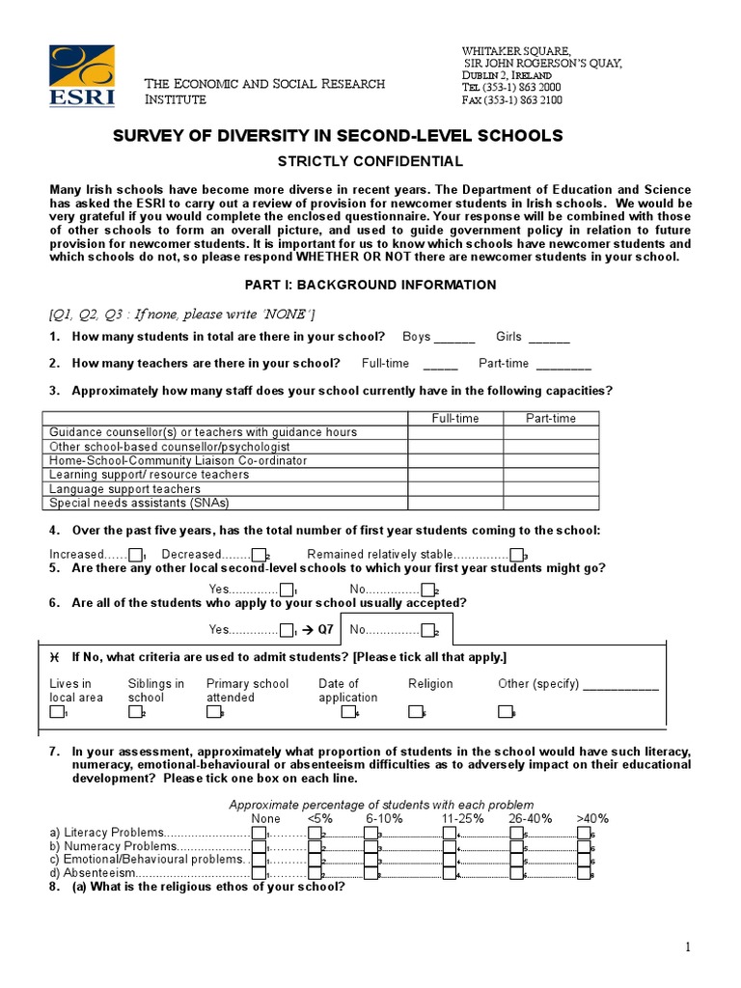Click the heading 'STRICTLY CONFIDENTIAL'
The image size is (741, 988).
370,161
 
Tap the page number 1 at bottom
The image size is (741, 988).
688,947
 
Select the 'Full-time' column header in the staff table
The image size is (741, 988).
454,418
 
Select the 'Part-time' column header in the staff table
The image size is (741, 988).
550,418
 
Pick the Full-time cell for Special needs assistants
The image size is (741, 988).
454,503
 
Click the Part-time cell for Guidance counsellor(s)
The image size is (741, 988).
550,432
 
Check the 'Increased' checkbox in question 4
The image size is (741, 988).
135,555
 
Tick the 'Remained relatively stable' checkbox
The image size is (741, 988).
516,555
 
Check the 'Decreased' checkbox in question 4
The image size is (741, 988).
258,555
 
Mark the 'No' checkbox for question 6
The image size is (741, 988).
426,630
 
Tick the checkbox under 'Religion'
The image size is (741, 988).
415,713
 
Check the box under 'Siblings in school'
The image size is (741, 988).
134,713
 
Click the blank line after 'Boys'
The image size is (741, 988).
454,341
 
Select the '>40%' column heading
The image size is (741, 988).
592,818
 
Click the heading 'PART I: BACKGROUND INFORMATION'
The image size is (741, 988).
370,285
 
